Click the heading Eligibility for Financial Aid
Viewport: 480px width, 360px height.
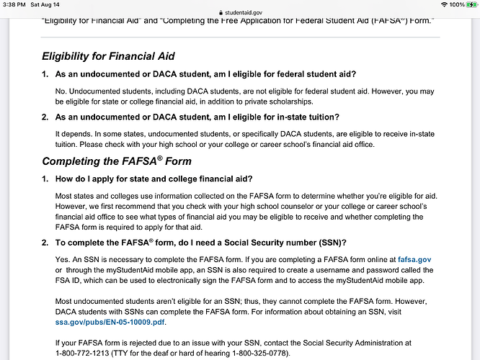coord(108,56)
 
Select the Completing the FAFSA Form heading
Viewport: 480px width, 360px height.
coord(117,161)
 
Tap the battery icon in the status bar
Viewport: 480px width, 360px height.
coord(468,4)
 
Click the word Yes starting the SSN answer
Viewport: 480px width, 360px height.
coord(63,258)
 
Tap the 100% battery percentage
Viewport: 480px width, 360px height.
coord(447,4)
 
